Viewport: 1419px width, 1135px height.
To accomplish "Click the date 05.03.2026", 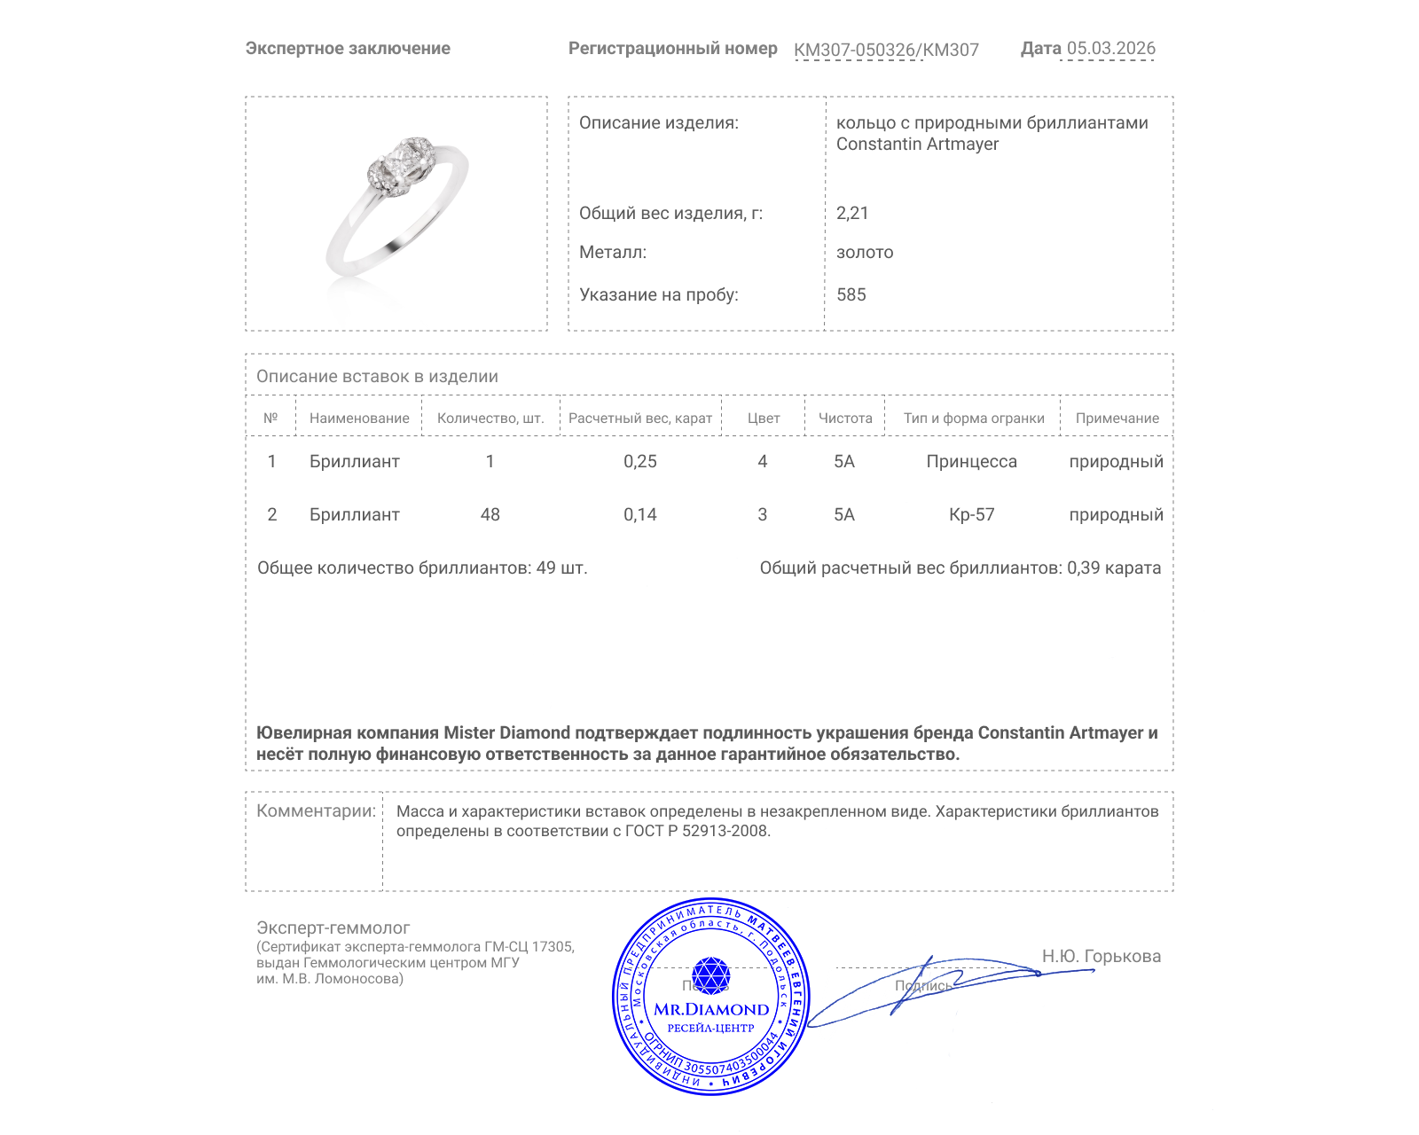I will point(1110,49).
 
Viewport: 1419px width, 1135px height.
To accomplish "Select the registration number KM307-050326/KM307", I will point(886,51).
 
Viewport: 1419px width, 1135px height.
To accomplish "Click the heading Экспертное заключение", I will point(348,49).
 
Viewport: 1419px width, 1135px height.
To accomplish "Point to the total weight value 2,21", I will point(852,213).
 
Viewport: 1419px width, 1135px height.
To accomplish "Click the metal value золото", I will point(865,253).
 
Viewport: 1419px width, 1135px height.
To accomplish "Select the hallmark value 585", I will point(851,295).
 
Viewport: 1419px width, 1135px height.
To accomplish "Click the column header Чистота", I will point(845,419).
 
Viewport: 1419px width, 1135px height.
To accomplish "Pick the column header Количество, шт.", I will point(490,419).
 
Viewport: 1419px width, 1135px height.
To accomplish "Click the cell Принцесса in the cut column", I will point(971,462).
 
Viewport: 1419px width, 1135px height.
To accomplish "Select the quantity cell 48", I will point(490,515).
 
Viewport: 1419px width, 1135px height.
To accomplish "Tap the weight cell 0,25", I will point(640,462).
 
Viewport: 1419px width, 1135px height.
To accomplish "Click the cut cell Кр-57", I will point(971,515).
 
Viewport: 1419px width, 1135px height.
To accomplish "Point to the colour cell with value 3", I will point(763,515).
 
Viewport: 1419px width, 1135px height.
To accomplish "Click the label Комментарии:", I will point(316,811).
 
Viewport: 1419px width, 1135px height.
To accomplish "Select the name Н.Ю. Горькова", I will point(1101,957).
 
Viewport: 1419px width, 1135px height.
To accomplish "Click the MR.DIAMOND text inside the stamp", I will point(711,1010).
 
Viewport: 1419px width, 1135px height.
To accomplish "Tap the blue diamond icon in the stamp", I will point(710,975).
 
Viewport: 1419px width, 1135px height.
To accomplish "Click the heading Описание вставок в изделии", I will point(377,377).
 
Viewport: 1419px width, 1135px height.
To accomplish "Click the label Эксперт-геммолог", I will point(333,928).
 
